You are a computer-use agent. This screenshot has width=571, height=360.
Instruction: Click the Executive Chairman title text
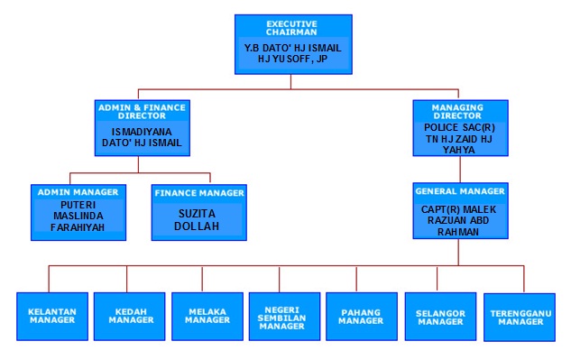pos(291,28)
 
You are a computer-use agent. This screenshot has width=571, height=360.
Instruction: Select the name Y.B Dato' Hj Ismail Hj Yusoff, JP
pos(292,53)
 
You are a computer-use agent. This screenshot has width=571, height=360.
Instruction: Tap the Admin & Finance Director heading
pos(142,112)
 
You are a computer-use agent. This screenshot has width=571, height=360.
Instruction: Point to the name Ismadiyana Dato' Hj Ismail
pos(142,137)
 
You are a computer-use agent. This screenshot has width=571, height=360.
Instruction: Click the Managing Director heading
pos(457,112)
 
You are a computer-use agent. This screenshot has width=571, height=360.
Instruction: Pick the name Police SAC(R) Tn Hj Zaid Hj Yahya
pos(459,138)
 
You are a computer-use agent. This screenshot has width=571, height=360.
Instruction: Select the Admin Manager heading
pos(78,192)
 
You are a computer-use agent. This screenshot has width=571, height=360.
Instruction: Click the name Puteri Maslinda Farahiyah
pos(78,216)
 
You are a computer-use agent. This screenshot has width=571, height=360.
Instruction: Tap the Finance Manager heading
pos(199,193)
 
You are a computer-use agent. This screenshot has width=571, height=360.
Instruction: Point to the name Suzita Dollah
pos(197,220)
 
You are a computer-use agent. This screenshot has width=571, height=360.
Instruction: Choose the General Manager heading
pos(460,191)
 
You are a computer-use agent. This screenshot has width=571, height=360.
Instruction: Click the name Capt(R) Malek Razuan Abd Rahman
pos(458,220)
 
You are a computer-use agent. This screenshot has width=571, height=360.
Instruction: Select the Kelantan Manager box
pos(52,317)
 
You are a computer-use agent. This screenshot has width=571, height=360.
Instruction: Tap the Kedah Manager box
pos(130,317)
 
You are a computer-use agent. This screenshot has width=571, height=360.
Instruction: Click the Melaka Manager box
pos(207,317)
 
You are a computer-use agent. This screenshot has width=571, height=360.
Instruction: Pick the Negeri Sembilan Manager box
pos(284,317)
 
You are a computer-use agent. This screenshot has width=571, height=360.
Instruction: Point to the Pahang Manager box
pos(362,317)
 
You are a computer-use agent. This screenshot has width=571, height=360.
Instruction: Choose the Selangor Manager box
pos(440,317)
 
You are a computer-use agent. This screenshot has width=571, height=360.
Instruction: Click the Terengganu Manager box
pos(520,317)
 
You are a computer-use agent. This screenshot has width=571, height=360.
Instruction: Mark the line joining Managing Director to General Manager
pos(460,170)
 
